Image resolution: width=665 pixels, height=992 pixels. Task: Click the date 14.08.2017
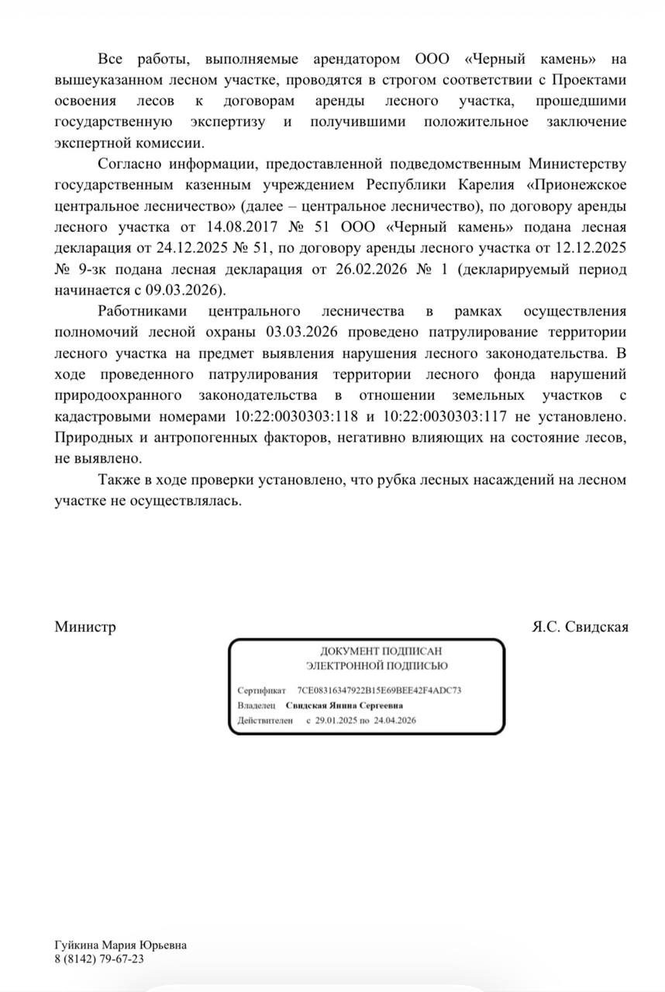[x=235, y=228]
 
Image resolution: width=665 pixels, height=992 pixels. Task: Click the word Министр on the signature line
[x=85, y=627]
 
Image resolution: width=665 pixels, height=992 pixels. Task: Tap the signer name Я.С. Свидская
[x=580, y=627]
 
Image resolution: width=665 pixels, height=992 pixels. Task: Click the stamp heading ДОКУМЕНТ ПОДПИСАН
[x=377, y=653]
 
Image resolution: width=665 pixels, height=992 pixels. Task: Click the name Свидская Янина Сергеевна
[x=344, y=706]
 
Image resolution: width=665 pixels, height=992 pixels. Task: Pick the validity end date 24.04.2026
[x=395, y=721]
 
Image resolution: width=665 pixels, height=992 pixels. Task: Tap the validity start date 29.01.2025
[x=336, y=721]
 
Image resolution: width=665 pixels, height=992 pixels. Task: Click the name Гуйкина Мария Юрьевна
[x=121, y=945]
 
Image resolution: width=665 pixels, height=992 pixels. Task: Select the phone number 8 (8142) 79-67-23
[x=99, y=959]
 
